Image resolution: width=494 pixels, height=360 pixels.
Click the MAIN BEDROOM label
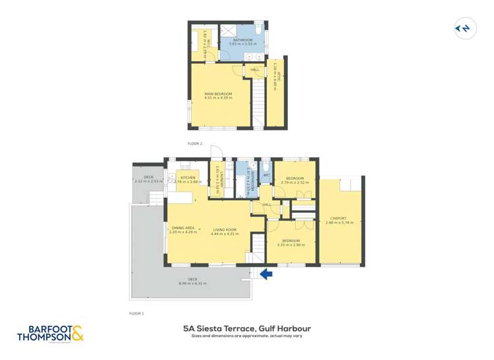pyautogui.click(x=219, y=94)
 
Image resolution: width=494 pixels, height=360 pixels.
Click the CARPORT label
pyautogui.click(x=339, y=219)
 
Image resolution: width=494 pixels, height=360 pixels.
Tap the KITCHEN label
pyautogui.click(x=188, y=178)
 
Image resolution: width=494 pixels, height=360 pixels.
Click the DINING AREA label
pyautogui.click(x=183, y=228)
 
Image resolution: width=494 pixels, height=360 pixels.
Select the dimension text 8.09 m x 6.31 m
pyautogui.click(x=192, y=284)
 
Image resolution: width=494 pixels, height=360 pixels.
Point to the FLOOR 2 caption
pyautogui.click(x=195, y=143)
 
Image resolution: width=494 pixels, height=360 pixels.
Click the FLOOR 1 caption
pyautogui.click(x=136, y=313)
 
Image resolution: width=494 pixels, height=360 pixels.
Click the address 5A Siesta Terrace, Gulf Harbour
pyautogui.click(x=247, y=328)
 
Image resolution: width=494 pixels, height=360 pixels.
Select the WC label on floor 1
pyautogui.click(x=267, y=175)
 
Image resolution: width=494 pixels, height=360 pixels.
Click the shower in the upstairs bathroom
pyautogui.click(x=231, y=31)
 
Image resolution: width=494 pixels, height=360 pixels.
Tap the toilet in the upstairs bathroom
pyautogui.click(x=260, y=31)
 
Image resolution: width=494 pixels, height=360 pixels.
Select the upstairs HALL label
pyautogui.click(x=254, y=70)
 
